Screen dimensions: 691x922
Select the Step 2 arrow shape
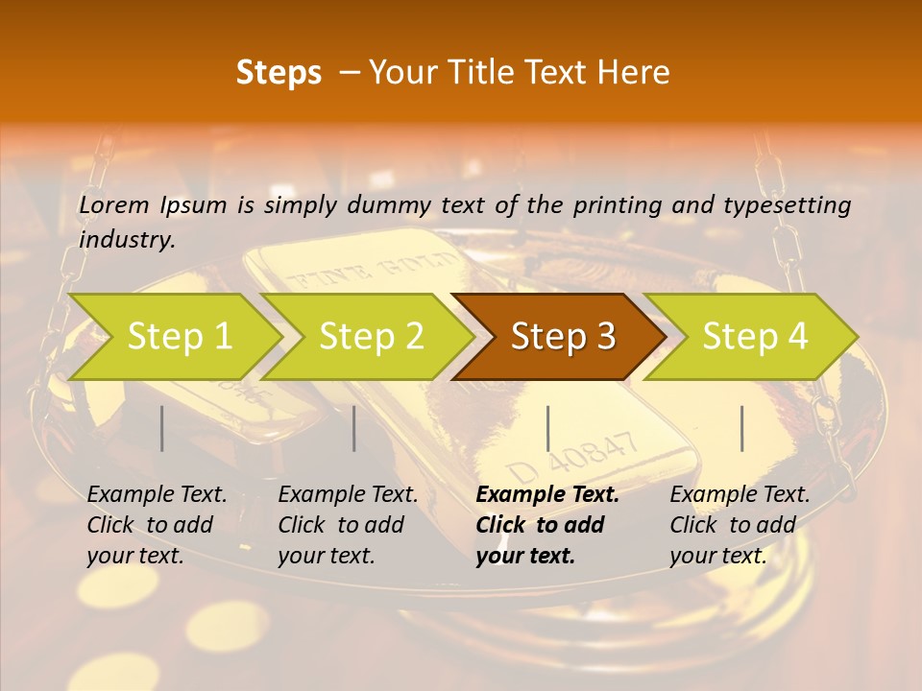click(365, 336)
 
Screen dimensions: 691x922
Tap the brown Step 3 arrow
click(559, 336)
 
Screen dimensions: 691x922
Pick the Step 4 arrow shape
click(751, 336)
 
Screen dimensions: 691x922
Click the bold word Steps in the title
click(279, 73)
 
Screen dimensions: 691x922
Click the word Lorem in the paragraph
click(113, 205)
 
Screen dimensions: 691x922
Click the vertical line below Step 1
click(162, 428)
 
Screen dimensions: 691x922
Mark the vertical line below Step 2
click(354, 428)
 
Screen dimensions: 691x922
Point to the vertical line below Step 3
click(547, 428)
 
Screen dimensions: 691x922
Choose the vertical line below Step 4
click(741, 428)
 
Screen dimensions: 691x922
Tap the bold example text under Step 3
click(546, 525)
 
